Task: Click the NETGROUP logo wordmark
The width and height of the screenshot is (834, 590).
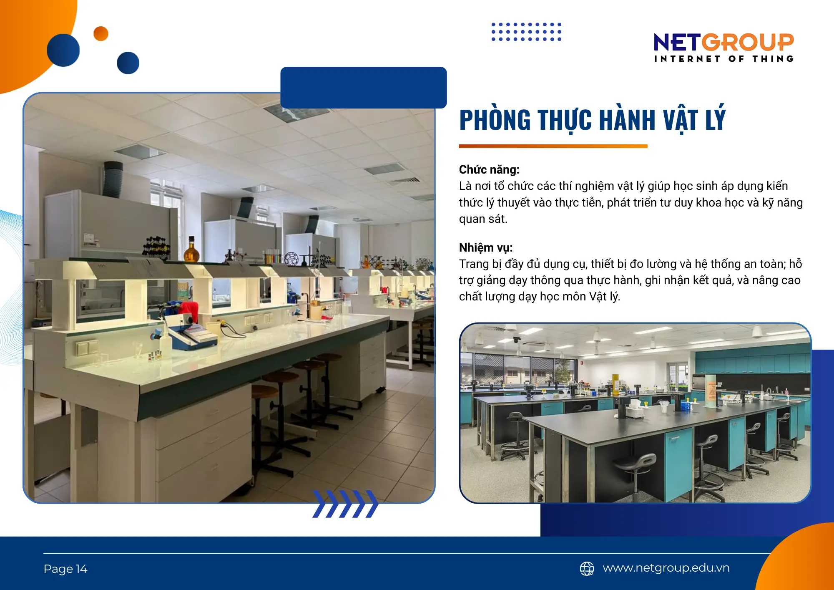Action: [723, 42]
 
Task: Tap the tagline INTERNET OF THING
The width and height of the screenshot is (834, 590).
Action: [723, 59]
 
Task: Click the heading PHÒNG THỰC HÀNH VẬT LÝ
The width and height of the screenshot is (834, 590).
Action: [592, 120]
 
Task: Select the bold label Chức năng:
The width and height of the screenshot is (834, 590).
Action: [489, 170]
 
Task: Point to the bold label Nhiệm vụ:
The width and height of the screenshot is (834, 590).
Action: [486, 248]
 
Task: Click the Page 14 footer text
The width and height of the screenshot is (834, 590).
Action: [65, 569]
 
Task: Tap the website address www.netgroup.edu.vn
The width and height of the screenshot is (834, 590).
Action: [666, 568]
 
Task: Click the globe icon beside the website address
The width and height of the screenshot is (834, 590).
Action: [587, 568]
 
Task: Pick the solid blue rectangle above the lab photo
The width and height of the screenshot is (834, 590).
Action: [363, 87]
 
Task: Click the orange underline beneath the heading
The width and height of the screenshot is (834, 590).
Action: [553, 146]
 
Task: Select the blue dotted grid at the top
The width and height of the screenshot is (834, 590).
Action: [526, 32]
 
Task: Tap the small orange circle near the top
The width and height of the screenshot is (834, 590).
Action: [101, 34]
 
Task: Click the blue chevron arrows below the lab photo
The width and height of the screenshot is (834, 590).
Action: [345, 504]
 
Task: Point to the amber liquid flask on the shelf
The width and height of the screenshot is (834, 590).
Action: [191, 251]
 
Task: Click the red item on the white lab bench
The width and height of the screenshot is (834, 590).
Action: [190, 310]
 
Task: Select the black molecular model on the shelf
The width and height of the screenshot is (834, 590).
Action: [156, 246]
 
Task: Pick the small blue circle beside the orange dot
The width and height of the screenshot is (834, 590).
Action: [128, 63]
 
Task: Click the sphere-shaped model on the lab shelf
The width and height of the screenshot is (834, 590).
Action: [291, 259]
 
